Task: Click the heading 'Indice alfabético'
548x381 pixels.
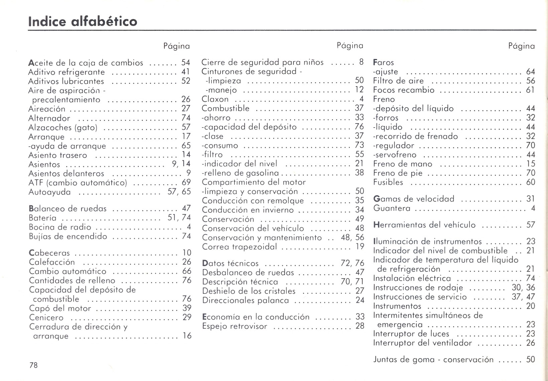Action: tap(83, 21)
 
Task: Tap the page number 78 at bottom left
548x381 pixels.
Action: tap(33, 365)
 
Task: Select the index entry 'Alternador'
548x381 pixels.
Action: tap(49, 118)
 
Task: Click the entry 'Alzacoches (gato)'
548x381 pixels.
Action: tap(63, 128)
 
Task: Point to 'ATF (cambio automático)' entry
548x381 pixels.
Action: tap(78, 183)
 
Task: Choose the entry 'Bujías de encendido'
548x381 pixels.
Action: tap(68, 236)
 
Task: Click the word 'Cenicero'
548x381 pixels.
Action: tap(46, 318)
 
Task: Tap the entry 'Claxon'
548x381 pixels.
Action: tap(215, 99)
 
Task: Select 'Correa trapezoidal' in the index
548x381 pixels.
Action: tap(240, 247)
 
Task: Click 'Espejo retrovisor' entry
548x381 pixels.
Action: tap(235, 326)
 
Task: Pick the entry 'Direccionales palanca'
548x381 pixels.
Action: tap(246, 300)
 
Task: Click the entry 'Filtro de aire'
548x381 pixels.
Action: tap(398, 81)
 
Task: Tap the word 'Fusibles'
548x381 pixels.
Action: tap(388, 182)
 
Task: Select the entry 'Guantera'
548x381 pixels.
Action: tap(392, 208)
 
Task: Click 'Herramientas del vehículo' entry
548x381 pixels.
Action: tap(424, 225)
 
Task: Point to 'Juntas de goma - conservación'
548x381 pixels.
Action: tap(433, 360)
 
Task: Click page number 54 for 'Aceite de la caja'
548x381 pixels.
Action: tap(185, 62)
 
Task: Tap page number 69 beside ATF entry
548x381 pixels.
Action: tap(186, 182)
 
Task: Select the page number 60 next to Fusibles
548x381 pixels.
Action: tap(530, 182)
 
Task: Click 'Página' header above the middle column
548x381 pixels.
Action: tap(350, 45)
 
